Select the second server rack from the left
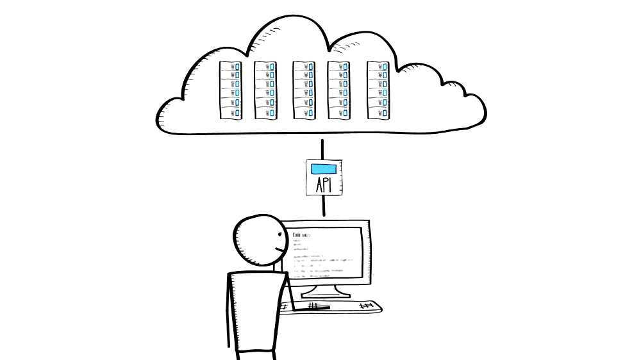(265, 90)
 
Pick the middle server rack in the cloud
(304, 90)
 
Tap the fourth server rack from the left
(338, 90)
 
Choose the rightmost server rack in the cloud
(378, 90)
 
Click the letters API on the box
(323, 185)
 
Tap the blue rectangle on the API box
(323, 169)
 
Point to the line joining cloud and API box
(323, 147)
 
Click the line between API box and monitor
(324, 206)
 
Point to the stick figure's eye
(279, 234)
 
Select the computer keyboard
(340, 307)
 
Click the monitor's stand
(325, 291)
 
